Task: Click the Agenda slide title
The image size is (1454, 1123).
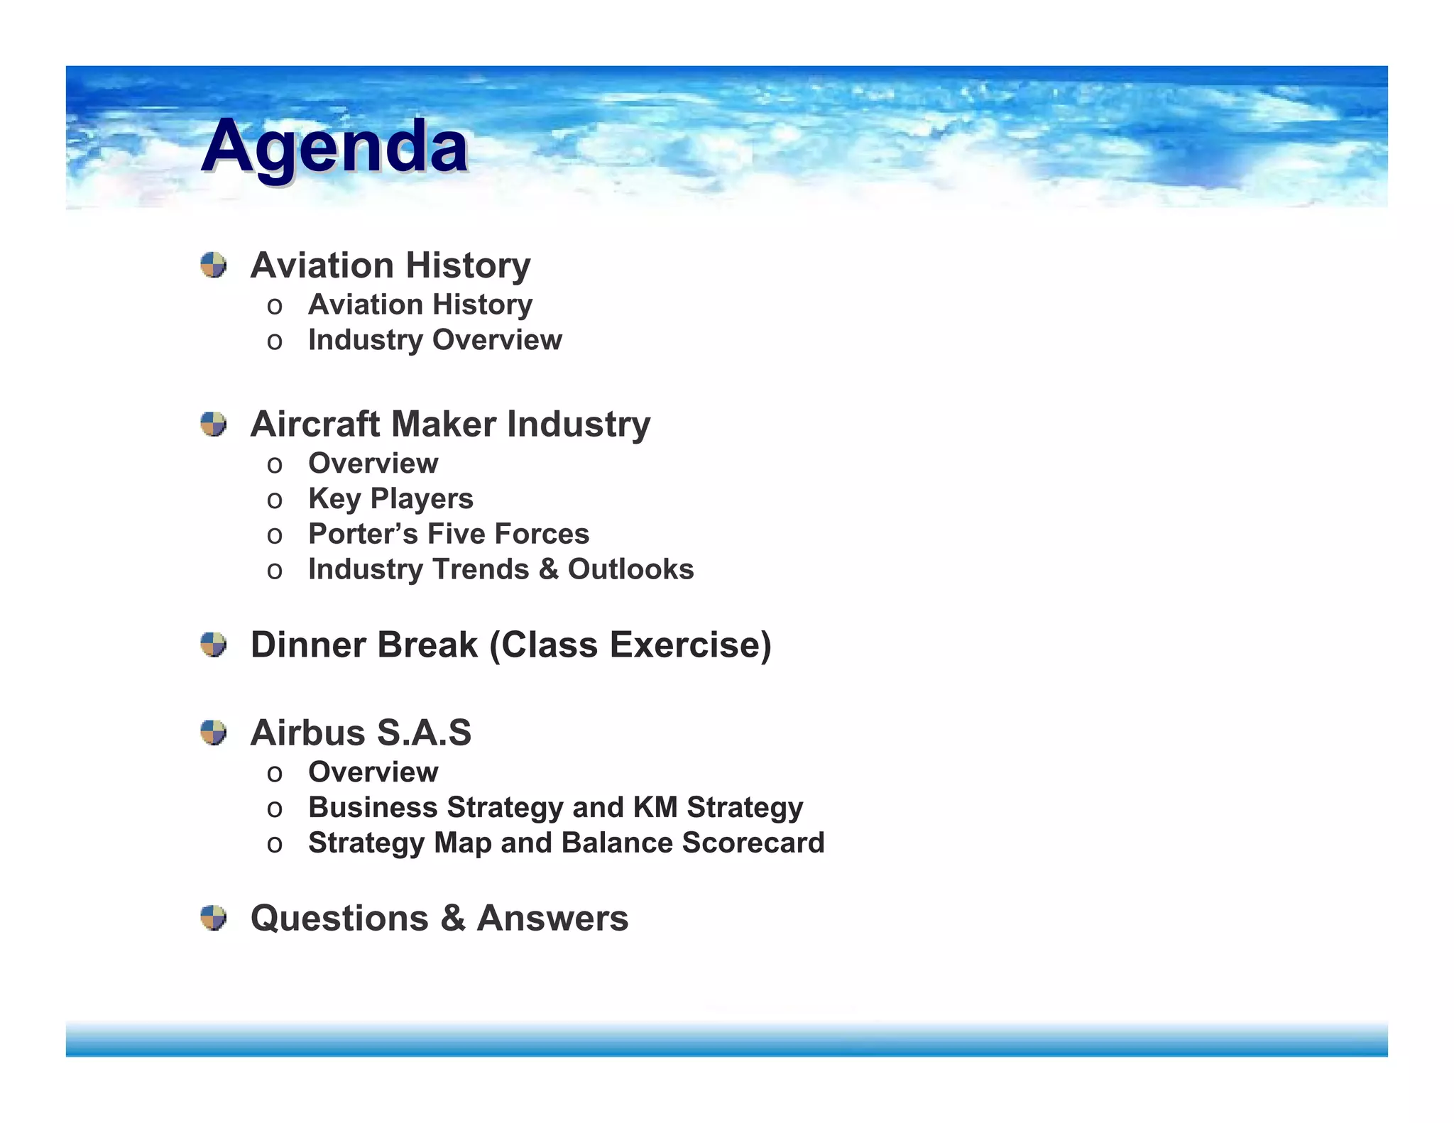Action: pos(334,146)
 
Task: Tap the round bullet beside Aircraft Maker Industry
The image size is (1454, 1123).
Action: pos(213,424)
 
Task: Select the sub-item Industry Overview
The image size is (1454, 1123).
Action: pos(434,340)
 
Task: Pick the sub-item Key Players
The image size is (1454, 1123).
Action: pos(390,499)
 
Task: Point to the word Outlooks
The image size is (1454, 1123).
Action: pos(630,569)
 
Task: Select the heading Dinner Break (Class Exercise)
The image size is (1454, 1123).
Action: pos(510,645)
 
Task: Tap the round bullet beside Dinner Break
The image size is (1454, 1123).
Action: pos(213,645)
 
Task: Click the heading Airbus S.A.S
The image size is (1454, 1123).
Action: pos(361,733)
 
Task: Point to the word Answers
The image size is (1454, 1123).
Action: pos(552,919)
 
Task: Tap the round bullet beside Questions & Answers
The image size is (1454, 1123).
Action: pos(213,918)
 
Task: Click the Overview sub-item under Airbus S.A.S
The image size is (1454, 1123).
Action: pos(373,772)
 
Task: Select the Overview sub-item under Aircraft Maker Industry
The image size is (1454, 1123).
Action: pos(373,464)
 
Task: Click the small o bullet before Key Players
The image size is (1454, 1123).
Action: pos(275,500)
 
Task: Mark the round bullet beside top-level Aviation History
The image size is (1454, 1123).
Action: pos(213,265)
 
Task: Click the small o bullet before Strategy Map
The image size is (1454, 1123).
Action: pos(275,845)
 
